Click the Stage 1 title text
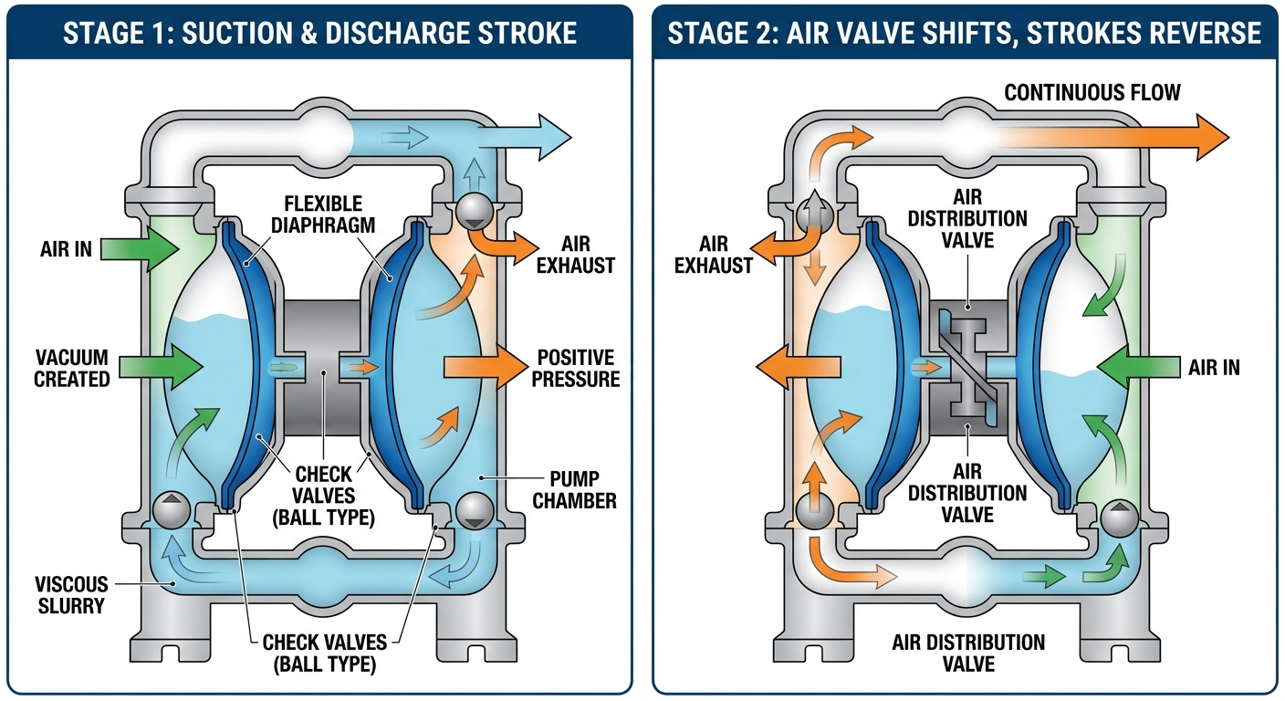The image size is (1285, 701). pos(319,34)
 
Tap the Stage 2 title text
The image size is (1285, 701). pos(964,34)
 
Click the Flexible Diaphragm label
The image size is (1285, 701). pos(322,214)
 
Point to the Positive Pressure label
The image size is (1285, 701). pos(578,367)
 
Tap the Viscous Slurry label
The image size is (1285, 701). pos(71,594)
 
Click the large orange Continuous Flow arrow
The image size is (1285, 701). pos(1123,136)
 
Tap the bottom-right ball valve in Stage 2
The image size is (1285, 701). pos(1117,518)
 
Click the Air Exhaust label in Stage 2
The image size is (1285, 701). pos(726,255)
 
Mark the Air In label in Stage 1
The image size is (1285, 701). pos(66,247)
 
